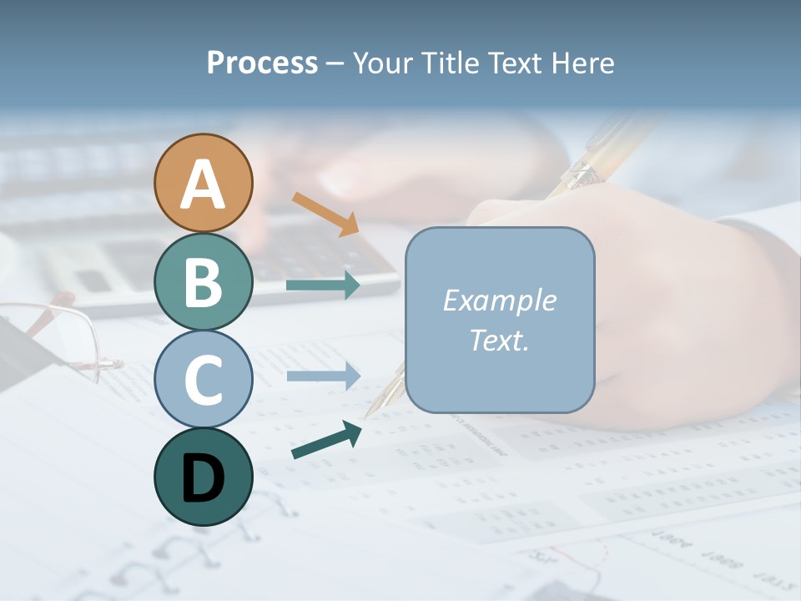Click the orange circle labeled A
(203, 183)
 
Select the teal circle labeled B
(203, 281)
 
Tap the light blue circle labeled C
(203, 379)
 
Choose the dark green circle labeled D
(203, 477)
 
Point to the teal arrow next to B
(323, 285)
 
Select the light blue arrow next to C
(323, 376)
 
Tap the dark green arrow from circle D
(326, 439)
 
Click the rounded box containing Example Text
(500, 320)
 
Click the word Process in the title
(262, 63)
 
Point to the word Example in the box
(500, 300)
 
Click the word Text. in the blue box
(500, 340)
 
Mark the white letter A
(203, 184)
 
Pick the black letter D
(203, 478)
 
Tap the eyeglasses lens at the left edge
(50, 334)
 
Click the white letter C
(203, 380)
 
